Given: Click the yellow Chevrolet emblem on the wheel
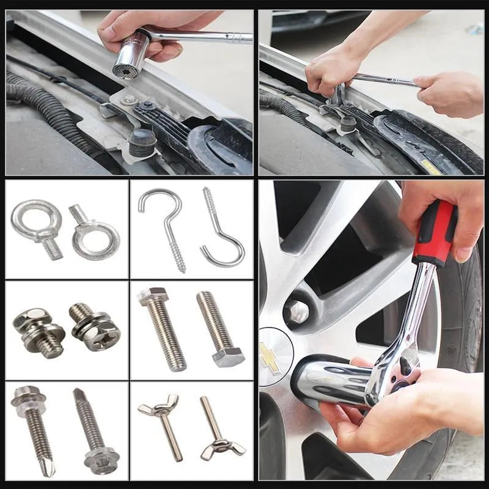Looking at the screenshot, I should coord(270,358).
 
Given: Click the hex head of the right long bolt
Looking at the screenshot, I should coord(229,356).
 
